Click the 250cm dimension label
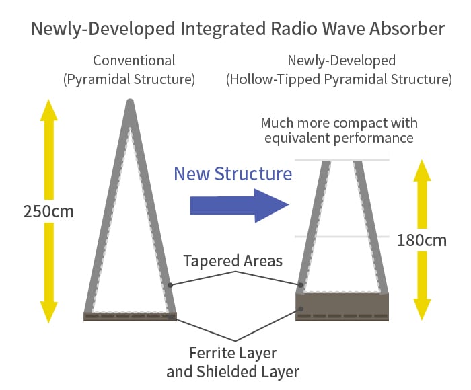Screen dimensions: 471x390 [48, 211]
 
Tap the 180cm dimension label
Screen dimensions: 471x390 [422, 241]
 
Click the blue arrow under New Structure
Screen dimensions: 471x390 [240, 205]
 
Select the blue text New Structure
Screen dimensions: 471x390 [233, 174]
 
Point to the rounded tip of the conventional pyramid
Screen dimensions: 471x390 [130, 102]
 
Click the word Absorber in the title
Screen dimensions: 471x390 [407, 28]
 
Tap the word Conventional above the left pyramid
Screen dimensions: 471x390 [134, 61]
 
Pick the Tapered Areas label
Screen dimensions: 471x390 [233, 260]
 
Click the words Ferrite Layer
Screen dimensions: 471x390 [233, 353]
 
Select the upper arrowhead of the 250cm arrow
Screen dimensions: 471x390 [48, 110]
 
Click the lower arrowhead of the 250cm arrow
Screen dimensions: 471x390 [48, 311]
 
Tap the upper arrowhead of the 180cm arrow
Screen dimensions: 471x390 [422, 171]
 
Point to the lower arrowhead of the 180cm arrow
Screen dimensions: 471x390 [422, 310]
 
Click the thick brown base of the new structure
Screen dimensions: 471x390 [342, 307]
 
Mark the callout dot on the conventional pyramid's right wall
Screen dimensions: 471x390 [170, 285]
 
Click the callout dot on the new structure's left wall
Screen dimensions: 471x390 [301, 285]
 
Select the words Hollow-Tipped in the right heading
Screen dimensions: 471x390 [275, 79]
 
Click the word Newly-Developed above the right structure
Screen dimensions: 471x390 [342, 61]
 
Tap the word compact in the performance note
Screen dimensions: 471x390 [356, 124]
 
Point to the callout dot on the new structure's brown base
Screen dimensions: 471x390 [301, 309]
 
